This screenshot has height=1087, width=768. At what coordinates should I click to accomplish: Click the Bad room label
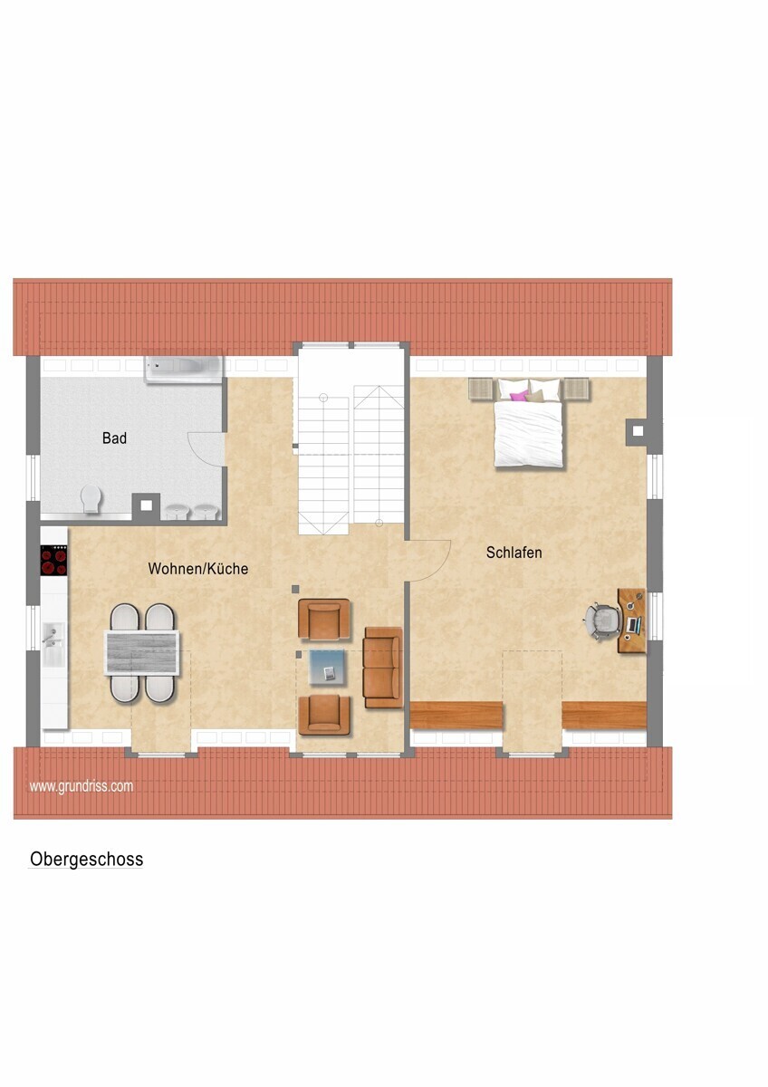(114, 438)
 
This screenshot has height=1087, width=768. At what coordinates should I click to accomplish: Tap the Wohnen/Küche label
(198, 569)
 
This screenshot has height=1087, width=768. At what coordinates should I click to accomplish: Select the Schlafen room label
(514, 553)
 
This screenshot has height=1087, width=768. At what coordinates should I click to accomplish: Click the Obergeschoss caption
(86, 860)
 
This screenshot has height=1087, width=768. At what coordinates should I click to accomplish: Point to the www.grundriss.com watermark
(81, 786)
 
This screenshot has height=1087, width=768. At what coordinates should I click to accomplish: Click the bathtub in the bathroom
(184, 369)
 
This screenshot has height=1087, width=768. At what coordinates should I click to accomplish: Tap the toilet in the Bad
(91, 498)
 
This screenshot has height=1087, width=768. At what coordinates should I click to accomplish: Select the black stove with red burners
(53, 561)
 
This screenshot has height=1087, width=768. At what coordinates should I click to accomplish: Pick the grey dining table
(141, 653)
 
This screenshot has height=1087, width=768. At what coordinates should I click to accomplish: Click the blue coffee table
(328, 668)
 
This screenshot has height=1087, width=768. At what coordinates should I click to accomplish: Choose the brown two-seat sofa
(383, 668)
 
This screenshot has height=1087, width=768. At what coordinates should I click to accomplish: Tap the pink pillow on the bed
(519, 396)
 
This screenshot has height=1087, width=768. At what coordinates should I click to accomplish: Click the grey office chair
(603, 620)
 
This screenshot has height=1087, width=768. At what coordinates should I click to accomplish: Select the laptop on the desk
(634, 625)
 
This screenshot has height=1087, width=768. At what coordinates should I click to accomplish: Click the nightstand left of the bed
(481, 390)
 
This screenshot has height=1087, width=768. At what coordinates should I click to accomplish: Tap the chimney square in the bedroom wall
(638, 431)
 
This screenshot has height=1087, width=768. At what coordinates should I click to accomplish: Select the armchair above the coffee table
(323, 619)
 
